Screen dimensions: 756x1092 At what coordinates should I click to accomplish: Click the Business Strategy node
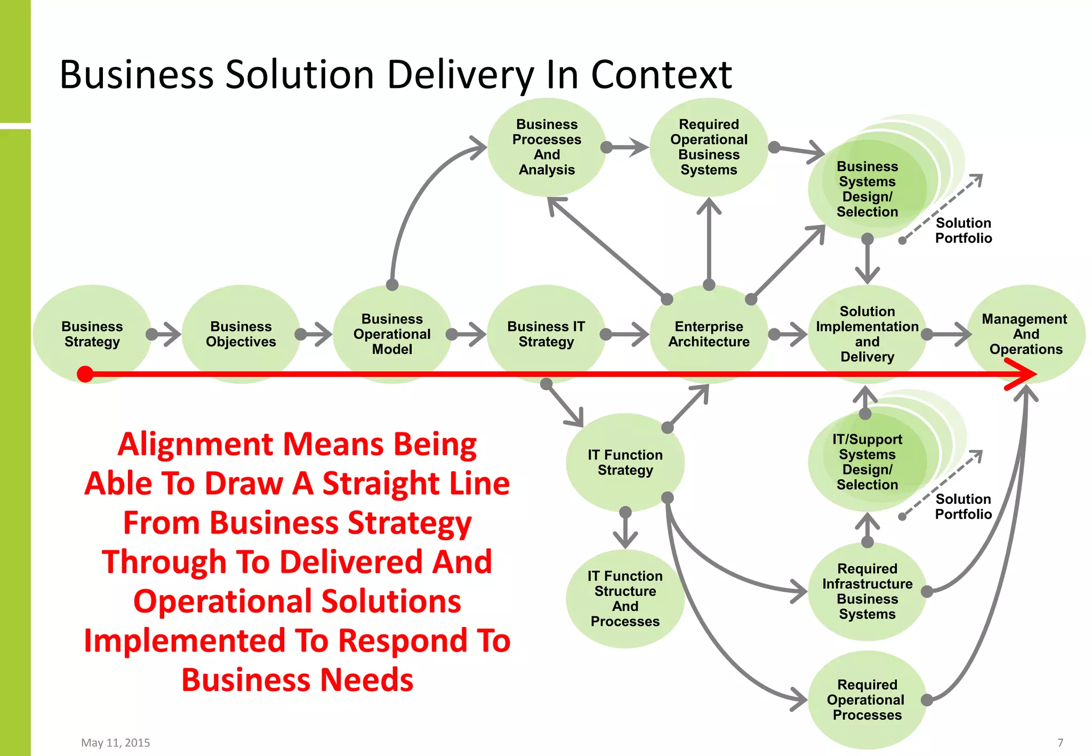[92, 334]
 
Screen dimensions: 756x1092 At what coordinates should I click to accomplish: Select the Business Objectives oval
[241, 334]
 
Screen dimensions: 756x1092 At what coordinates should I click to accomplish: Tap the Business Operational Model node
[392, 334]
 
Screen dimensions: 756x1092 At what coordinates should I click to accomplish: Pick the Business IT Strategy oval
[546, 334]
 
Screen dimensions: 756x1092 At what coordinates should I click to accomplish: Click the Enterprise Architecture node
[709, 334]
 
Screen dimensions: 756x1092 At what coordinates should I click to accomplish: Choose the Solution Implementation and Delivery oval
[867, 334]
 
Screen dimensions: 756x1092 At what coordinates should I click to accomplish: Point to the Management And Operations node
[1025, 334]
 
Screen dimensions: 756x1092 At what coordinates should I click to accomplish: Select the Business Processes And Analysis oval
[547, 147]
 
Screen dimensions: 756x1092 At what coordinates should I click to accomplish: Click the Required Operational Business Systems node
[709, 147]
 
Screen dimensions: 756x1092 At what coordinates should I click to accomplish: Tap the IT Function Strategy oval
[625, 462]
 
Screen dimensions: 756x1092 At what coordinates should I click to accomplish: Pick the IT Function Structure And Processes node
[625, 598]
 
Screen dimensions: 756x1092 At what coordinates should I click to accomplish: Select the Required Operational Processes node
[867, 699]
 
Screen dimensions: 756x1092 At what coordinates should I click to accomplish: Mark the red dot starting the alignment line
[85, 374]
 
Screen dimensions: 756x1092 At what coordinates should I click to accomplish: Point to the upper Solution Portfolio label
[963, 230]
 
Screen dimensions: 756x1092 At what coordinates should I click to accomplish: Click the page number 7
[1060, 742]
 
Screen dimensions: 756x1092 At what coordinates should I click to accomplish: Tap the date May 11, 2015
[115, 742]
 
